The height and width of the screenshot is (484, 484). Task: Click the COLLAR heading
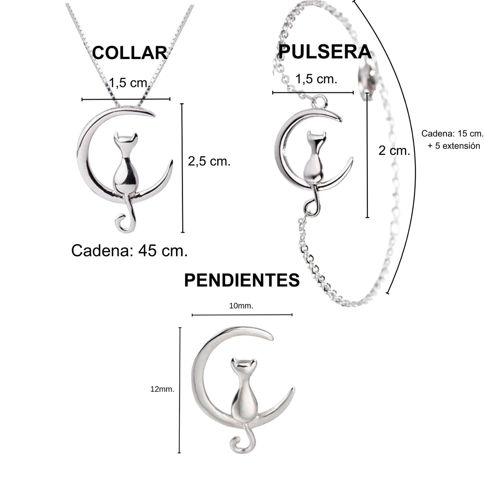130,53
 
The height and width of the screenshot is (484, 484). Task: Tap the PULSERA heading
325,52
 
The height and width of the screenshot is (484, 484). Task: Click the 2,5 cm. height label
209,161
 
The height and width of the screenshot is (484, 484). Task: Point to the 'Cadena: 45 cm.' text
129,251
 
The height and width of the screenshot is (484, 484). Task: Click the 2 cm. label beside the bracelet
394,151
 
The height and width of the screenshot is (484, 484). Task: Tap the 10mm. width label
241,306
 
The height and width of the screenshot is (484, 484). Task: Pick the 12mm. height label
162,389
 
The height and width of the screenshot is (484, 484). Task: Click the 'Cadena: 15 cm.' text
452,134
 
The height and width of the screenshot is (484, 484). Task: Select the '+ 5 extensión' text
454,146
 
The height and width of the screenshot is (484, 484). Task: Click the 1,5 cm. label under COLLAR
129,82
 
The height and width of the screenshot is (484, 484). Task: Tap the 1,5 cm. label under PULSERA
316,79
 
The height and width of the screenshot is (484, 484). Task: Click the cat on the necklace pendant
125,167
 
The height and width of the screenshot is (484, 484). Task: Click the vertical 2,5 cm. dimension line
182,168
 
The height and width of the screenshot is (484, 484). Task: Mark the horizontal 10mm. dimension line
242,315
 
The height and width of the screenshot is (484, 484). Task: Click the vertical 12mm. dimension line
180,390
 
